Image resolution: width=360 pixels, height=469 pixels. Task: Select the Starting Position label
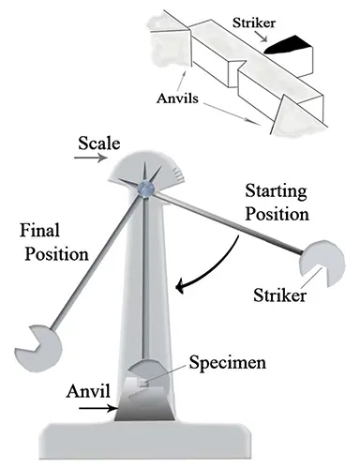pyautogui.click(x=274, y=201)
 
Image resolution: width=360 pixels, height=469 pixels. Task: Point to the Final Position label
pyautogui.click(x=52, y=242)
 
